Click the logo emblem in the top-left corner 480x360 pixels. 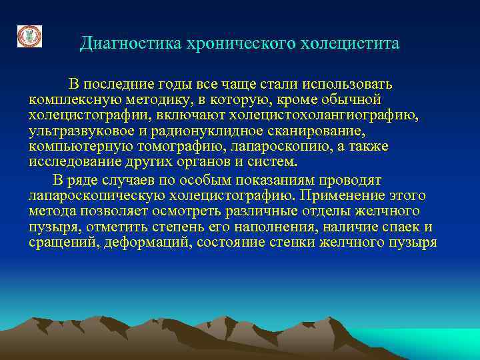pos(29,36)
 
